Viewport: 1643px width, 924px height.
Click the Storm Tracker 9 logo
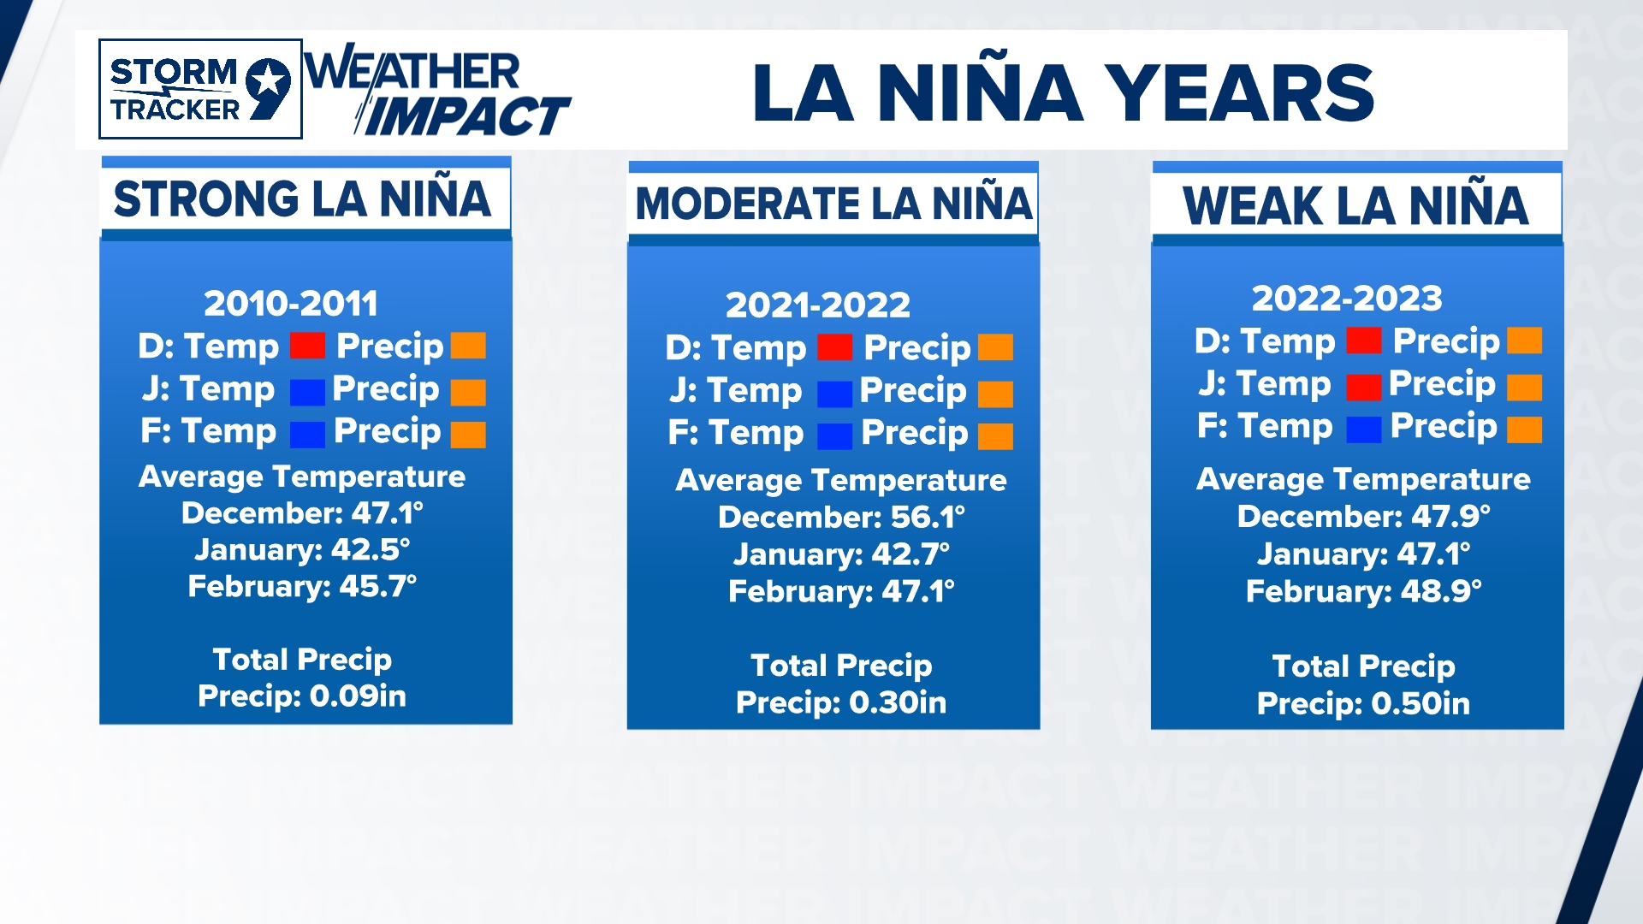click(x=200, y=89)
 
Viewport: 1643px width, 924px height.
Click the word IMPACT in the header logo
click(x=466, y=116)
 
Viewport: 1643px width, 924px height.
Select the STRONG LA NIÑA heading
click(x=303, y=199)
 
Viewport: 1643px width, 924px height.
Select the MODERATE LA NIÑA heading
click(x=833, y=204)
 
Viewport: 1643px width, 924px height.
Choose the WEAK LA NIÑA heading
click(x=1355, y=206)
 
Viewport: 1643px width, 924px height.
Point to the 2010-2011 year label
click(x=291, y=303)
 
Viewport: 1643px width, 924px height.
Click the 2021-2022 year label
click(x=818, y=305)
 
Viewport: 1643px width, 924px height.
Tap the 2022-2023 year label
click(x=1347, y=299)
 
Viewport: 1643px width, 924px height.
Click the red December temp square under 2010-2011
click(x=307, y=346)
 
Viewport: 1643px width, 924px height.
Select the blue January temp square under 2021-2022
click(x=834, y=394)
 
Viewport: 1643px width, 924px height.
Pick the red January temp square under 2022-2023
click(x=1363, y=387)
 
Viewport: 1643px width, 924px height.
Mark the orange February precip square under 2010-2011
click(x=468, y=435)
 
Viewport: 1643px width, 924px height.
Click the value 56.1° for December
click(x=928, y=517)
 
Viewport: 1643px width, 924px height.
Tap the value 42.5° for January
click(x=371, y=549)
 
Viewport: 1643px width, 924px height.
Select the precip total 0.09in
click(x=358, y=696)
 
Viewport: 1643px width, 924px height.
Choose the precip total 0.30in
click(x=898, y=703)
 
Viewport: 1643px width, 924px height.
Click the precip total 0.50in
click(x=1421, y=704)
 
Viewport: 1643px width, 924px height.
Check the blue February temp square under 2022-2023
click(x=1363, y=429)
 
